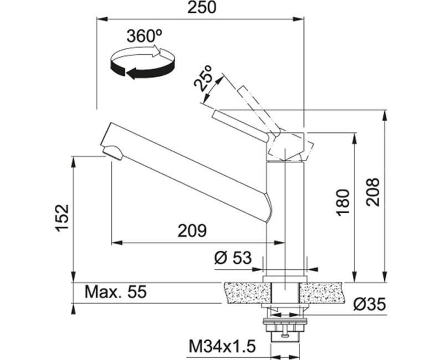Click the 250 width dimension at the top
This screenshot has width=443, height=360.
(x=202, y=8)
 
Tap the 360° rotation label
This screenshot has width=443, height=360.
(x=145, y=36)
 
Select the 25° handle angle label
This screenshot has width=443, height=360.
(x=203, y=78)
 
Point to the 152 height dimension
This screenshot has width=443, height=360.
(x=62, y=218)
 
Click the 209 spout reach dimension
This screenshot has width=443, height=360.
(x=192, y=231)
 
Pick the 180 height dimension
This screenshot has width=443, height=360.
(x=343, y=203)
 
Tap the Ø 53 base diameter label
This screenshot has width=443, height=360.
(x=233, y=258)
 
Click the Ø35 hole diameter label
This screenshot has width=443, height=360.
(x=369, y=304)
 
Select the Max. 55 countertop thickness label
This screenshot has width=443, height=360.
(x=116, y=292)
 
